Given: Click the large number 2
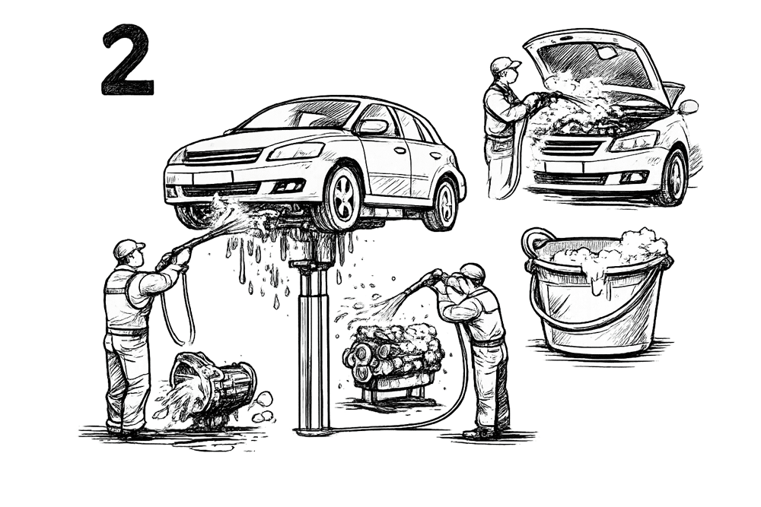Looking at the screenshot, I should tap(128, 60).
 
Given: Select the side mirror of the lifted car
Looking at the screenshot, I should tap(372, 128).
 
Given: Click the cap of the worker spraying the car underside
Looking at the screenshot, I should tap(130, 247).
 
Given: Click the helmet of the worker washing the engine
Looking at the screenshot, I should tap(473, 271).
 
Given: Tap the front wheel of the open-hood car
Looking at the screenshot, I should tap(674, 176).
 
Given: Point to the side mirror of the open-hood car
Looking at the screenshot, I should tap(688, 107).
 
